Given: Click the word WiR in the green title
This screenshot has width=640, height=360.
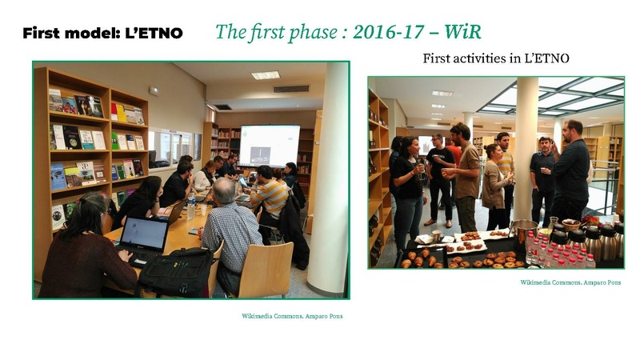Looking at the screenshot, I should [x=462, y=32].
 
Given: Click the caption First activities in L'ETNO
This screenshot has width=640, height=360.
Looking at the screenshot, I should [x=495, y=58].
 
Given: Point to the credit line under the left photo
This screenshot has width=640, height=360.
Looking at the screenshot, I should [x=292, y=316].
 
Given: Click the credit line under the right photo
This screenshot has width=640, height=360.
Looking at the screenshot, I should [x=570, y=282].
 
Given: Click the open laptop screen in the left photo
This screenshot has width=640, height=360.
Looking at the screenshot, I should [x=143, y=234].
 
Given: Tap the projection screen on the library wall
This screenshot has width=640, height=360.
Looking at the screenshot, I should [x=269, y=144].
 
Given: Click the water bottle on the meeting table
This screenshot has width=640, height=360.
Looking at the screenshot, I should [x=191, y=206].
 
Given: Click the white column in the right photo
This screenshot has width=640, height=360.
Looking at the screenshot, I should [x=526, y=144].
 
